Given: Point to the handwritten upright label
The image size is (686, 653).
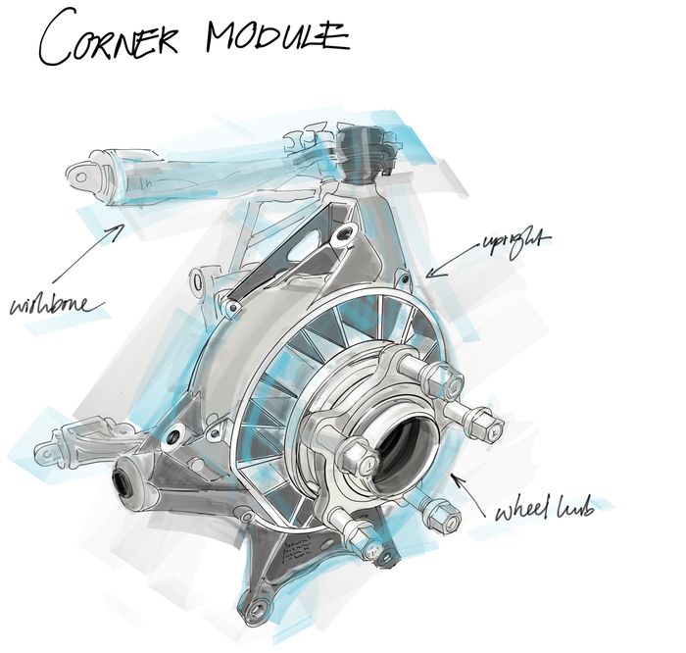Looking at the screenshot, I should click(x=515, y=240).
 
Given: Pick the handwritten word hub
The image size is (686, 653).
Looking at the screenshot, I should click(x=577, y=507).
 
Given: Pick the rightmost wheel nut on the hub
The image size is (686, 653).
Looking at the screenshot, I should click(x=484, y=425).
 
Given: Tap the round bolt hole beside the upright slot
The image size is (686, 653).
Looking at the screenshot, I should click(x=342, y=237).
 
